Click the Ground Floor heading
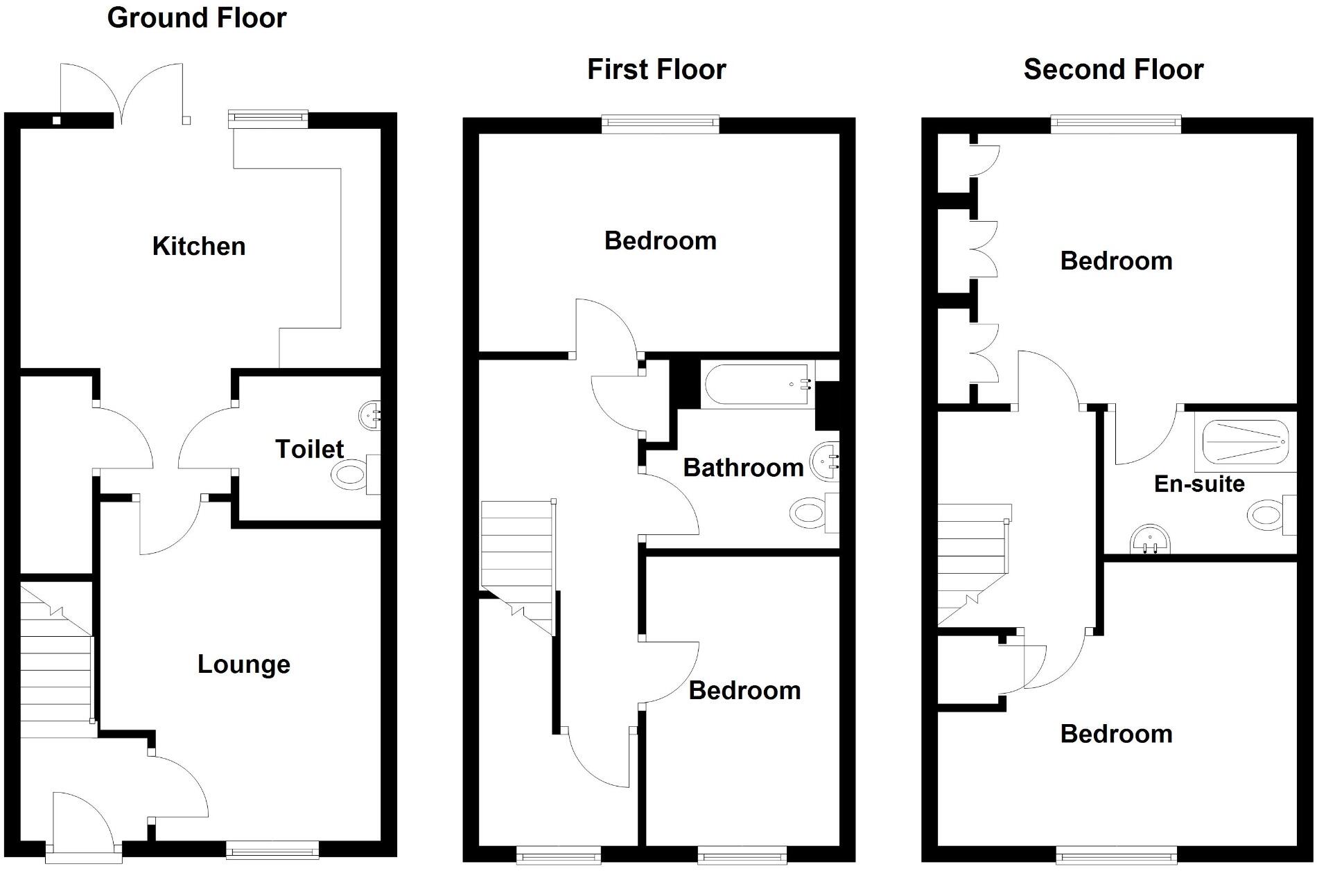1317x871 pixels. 197,18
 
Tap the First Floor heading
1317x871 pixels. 656,70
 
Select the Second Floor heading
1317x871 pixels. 1113,70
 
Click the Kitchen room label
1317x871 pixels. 199,247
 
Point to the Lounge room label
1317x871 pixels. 243,665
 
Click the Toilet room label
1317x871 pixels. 309,449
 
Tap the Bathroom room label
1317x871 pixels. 743,468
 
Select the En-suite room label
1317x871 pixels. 1199,484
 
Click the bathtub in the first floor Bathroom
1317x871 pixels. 757,385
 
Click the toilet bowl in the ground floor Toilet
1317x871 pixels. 349,476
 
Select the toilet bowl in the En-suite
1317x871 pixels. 1266,516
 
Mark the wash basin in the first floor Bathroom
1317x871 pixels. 825,461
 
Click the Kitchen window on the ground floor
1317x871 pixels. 268,118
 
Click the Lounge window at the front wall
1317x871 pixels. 272,850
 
